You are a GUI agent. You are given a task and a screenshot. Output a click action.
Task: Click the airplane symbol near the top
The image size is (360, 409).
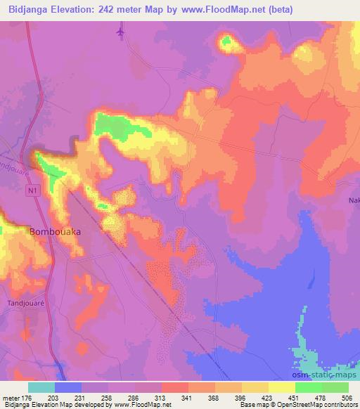122,32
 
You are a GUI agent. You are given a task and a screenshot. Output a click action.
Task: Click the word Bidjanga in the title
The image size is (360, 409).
26,9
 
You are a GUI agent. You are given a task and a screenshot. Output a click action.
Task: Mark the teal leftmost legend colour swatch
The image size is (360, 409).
41,387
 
